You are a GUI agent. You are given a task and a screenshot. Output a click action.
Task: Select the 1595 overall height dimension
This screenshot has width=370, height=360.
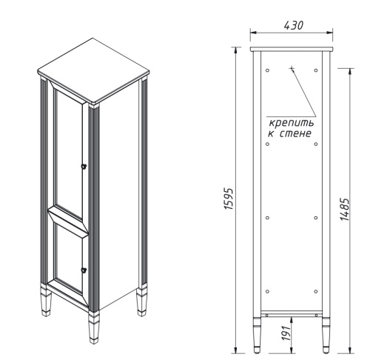coord(229,199)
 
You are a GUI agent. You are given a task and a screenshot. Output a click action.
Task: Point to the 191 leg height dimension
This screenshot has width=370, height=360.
coord(284,334)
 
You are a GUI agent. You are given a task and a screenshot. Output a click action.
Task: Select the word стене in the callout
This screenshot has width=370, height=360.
coord(298,133)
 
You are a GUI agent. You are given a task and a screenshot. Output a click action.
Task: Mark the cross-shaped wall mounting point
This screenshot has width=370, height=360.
coord(292,69)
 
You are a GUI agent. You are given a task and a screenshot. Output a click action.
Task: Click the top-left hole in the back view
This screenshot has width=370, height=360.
coord(267,70)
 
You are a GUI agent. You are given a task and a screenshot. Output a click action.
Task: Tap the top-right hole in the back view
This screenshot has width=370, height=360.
coord(317,70)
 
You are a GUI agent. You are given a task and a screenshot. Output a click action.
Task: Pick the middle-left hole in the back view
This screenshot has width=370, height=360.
coord(267,217)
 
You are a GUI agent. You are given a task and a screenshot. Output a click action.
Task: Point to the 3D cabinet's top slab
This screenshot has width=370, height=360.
coord(94,79)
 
